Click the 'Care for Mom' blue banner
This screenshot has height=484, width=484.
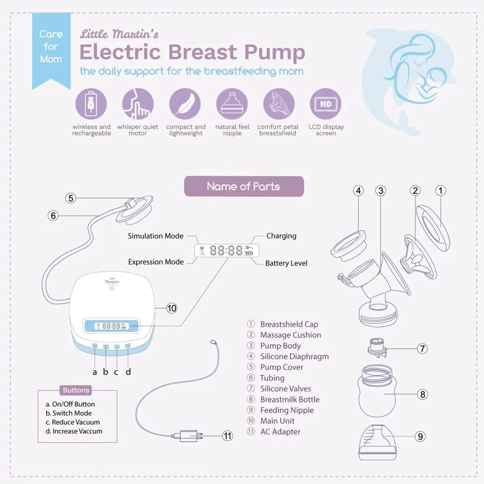pyautogui.click(x=51, y=47)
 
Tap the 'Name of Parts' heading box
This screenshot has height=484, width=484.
pyautogui.click(x=243, y=186)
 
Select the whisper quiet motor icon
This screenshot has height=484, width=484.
pyautogui.click(x=138, y=104)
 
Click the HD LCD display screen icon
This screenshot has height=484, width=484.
pyautogui.click(x=326, y=104)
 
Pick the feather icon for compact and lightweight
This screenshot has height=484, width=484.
pyautogui.click(x=185, y=104)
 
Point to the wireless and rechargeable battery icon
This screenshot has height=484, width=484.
pyautogui.click(x=91, y=104)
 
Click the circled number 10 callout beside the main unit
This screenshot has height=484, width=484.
pyautogui.click(x=171, y=308)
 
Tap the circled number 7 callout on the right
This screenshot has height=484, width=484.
pyautogui.click(x=422, y=349)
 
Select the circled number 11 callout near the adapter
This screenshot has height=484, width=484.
pyautogui.click(x=228, y=436)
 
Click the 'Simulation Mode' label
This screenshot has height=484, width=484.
pyautogui.click(x=156, y=236)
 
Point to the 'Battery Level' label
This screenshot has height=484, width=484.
pyautogui.click(x=286, y=263)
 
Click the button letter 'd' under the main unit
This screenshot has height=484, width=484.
pyautogui.click(x=128, y=372)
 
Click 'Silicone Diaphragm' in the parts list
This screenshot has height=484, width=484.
pyautogui.click(x=294, y=356)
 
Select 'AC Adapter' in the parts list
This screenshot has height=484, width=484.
pyautogui.click(x=280, y=432)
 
